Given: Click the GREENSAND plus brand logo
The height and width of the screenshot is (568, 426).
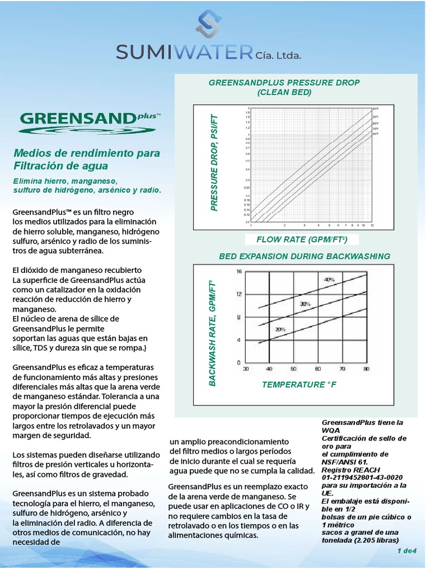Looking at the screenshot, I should (x=89, y=121).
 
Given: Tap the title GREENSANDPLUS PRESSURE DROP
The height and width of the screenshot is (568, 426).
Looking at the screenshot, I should (x=284, y=82).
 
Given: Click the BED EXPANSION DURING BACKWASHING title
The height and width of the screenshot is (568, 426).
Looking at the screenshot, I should (x=305, y=256).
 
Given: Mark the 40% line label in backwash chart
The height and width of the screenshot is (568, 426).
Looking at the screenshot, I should (x=329, y=280).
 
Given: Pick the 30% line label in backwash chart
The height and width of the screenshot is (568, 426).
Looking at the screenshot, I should (x=305, y=304).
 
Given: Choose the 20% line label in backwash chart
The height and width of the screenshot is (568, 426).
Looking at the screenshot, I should (x=280, y=329).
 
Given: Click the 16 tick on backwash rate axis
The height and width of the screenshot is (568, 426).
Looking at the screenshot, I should (x=239, y=271).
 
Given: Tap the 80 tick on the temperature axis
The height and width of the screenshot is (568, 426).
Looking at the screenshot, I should (x=366, y=368).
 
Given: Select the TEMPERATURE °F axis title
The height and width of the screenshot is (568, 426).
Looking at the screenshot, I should (x=300, y=384).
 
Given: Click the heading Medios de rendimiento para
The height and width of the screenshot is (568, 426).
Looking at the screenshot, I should (x=86, y=153).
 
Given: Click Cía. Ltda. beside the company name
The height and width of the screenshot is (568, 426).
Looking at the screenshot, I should (x=278, y=55).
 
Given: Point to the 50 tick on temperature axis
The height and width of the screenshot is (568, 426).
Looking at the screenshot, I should (x=293, y=368).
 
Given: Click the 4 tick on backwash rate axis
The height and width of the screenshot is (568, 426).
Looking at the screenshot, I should (x=239, y=340).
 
